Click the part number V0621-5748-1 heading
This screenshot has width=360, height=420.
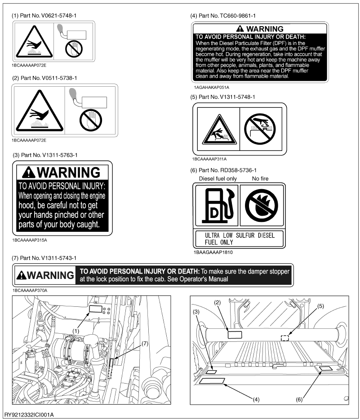click(44, 16)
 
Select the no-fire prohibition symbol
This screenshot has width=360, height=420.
click(262, 205)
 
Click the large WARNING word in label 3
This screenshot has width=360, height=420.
click(68, 172)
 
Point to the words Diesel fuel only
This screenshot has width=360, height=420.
click(218, 179)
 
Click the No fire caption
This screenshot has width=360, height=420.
click(260, 179)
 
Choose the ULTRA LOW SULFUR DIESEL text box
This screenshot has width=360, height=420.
click(240, 239)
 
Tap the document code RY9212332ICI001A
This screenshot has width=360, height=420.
click(29, 415)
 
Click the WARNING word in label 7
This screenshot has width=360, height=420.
click(50, 275)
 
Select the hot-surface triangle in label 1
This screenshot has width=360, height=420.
click(34, 42)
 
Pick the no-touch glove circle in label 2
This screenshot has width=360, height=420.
click(91, 120)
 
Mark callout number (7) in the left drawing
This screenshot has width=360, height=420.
click(145, 343)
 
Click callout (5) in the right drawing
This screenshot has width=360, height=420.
click(320, 306)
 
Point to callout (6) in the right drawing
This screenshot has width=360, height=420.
click(299, 400)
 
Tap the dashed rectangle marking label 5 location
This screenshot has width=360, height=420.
click(284, 338)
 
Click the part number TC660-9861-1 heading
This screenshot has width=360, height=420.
click(223, 16)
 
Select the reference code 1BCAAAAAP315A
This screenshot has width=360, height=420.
click(30, 240)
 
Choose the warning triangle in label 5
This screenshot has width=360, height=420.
click(219, 129)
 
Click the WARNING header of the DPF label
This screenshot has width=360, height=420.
click(260, 29)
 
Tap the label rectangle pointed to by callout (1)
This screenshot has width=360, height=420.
click(95, 309)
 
